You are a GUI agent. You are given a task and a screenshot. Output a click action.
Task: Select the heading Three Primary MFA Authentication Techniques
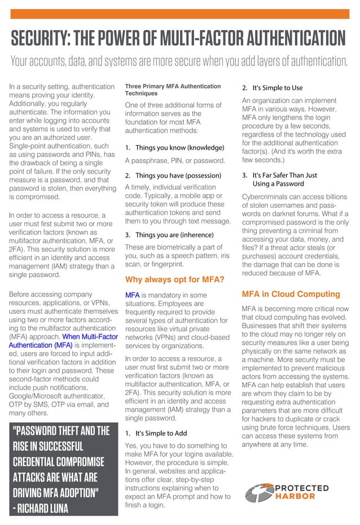pos(173,90)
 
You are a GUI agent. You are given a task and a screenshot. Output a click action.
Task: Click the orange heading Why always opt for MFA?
pos(174,279)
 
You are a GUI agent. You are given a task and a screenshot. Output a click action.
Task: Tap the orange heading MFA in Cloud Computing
pos(291,294)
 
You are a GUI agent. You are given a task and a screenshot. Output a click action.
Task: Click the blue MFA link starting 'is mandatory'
pos(132,295)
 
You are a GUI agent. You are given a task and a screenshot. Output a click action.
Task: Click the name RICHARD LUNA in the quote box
pos(43,508)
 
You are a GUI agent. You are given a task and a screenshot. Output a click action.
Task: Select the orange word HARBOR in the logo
pos(296,497)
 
